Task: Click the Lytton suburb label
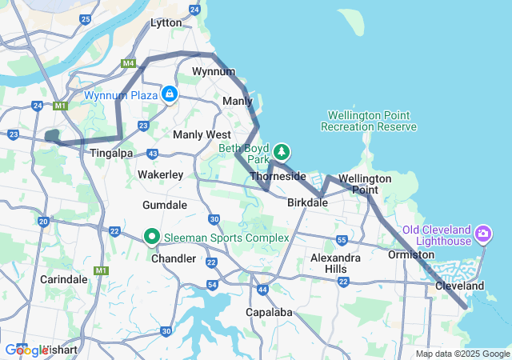[x=166, y=23]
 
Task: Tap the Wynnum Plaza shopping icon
[x=170, y=94]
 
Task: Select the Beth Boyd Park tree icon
[x=281, y=150]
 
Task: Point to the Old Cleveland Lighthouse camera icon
[x=482, y=234]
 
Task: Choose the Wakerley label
[x=161, y=174]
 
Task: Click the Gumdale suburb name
[x=164, y=206]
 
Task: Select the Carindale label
[x=63, y=279]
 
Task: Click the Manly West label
[x=202, y=134]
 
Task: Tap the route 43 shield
[x=153, y=153]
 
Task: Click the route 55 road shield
[x=342, y=240]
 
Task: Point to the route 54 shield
[x=212, y=285]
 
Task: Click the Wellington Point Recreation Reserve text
[x=368, y=121]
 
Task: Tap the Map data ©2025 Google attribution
[x=462, y=354]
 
